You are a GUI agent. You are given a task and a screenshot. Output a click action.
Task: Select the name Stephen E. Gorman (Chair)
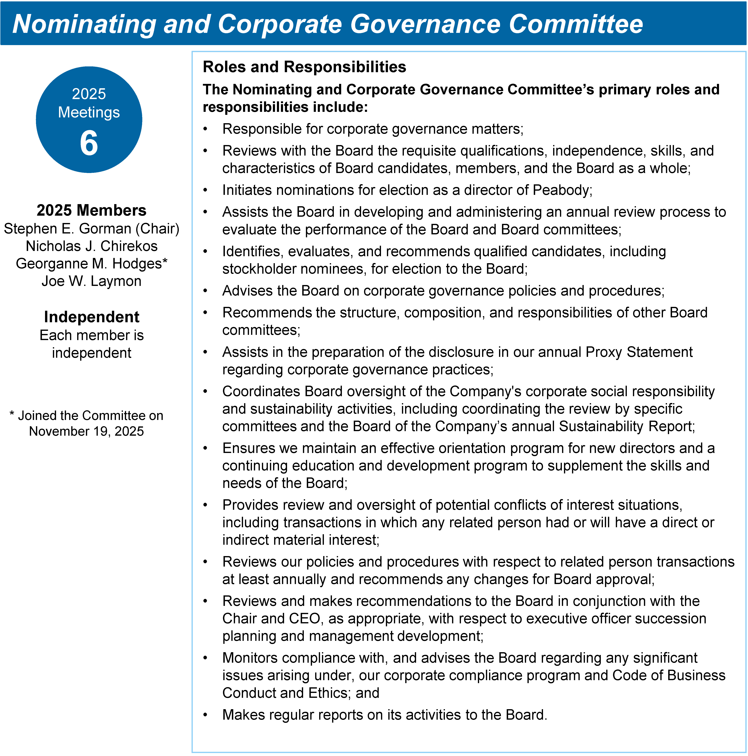[91, 229]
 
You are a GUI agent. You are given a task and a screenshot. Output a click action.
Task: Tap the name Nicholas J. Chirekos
[91, 246]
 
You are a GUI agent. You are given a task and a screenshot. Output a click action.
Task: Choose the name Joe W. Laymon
[91, 281]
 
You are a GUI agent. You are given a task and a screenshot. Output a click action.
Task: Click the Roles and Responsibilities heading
[304, 67]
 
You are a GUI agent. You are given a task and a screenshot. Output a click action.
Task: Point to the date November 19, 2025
[86, 431]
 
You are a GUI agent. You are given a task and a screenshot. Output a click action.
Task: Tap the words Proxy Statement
[639, 352]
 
